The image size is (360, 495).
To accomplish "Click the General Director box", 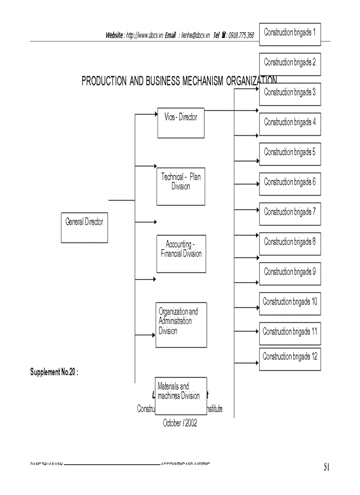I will click(84, 227).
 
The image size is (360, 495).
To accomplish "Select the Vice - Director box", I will click(181, 123).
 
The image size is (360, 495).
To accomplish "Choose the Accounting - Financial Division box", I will click(181, 253).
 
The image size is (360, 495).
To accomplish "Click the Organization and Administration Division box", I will click(181, 325).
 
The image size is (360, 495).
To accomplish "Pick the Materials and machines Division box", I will click(181, 395).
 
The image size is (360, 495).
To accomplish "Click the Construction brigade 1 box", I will click(290, 34).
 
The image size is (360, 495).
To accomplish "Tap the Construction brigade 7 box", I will click(290, 214).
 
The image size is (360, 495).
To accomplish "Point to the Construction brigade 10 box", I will click(290, 304).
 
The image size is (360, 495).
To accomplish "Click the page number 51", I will click(326, 468).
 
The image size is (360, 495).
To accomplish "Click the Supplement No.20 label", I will click(54, 372).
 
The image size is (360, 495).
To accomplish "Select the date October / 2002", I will click(180, 423).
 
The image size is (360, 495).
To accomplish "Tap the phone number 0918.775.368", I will click(241, 35).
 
